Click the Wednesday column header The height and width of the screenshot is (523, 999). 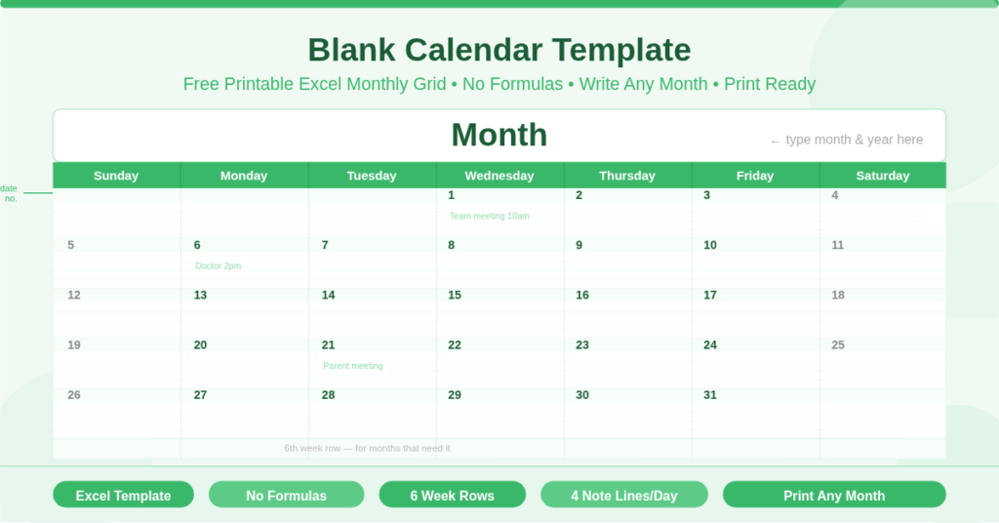[499, 176]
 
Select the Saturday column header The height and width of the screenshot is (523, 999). [882, 176]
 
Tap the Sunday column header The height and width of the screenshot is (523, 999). [116, 176]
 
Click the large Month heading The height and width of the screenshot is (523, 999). [499, 135]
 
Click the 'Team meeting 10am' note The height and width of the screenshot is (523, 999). [489, 216]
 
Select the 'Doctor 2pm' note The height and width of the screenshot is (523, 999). [218, 265]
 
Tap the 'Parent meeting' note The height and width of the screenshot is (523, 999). [353, 366]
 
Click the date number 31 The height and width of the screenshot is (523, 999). [710, 395]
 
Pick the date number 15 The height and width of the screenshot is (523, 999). [455, 295]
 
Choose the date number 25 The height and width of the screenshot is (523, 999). [838, 344]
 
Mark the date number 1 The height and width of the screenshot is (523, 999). [452, 195]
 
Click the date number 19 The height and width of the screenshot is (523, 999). [74, 344]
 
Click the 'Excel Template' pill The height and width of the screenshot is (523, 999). [123, 495]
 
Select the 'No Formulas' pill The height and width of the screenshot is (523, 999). [286, 495]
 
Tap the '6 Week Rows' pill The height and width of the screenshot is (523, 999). [452, 495]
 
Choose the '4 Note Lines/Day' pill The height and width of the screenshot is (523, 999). [623, 495]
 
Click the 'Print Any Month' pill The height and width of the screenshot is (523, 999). [834, 495]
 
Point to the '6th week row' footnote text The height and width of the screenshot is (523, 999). [367, 448]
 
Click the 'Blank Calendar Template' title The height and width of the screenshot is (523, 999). [499, 49]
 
